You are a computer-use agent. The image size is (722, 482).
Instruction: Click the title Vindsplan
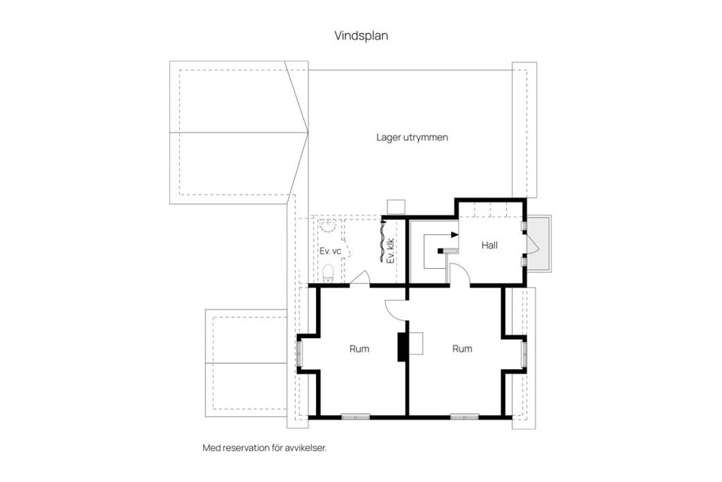point(361,35)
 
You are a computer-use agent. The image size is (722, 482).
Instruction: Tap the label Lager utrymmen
point(412,138)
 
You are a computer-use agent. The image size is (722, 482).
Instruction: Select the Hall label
point(490,245)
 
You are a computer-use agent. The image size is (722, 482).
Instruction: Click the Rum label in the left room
point(359,349)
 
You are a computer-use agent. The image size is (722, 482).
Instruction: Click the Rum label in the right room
point(462,349)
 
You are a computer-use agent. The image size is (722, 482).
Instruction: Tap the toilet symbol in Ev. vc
point(327,272)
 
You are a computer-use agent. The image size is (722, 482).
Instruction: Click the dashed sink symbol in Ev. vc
point(327,228)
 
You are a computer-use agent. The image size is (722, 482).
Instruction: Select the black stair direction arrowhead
point(454,234)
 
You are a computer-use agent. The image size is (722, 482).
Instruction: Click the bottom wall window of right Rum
point(464,416)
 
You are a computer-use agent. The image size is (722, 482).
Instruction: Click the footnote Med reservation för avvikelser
point(264,447)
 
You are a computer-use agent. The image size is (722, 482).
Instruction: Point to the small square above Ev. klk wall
point(396,206)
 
